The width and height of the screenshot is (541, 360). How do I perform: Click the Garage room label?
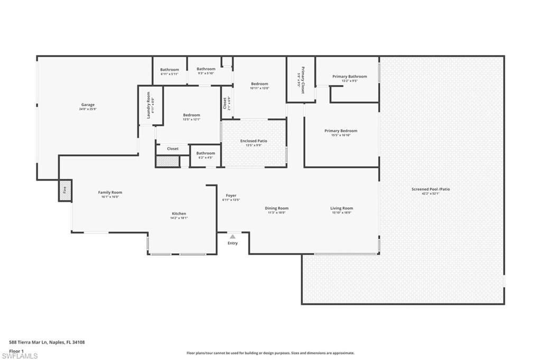coord(88,105)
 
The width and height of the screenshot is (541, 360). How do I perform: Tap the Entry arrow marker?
coord(232,237)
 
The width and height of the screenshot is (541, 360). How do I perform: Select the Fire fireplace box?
coord(65,190)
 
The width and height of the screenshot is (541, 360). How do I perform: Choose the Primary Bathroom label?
coord(349,77)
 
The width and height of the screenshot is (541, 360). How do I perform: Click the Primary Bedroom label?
coord(341,131)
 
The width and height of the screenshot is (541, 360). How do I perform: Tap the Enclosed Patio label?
coord(254,141)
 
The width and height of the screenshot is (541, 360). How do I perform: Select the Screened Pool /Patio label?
coord(431,189)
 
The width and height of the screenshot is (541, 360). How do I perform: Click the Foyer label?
coord(231,196)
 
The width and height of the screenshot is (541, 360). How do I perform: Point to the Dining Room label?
coord(276,208)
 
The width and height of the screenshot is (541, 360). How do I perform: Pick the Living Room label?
coord(342,208)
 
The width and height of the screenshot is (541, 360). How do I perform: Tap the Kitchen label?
coord(179,214)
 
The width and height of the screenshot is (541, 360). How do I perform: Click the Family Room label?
coord(110,192)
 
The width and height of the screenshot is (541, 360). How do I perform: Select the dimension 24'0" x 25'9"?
coord(88,109)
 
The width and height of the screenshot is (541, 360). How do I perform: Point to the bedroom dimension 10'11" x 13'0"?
coord(259,88)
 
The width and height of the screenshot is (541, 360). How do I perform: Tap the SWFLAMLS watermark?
coord(20,356)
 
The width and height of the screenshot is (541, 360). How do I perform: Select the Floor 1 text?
coord(17,350)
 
